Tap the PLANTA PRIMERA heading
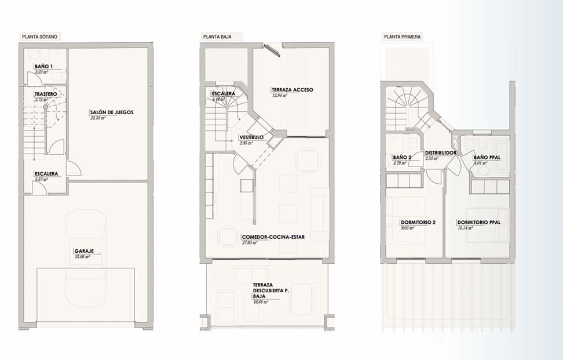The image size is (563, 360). (x=403, y=37)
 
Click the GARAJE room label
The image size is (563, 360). (x=84, y=251)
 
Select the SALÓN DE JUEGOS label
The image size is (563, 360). (x=112, y=112)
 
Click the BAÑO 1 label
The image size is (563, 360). (x=43, y=67)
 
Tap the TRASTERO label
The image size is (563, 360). (x=45, y=94)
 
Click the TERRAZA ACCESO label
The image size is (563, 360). (x=292, y=90)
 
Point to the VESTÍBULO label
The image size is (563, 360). (x=252, y=137)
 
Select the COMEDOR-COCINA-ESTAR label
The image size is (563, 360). (x=276, y=237)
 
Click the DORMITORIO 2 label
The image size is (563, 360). (x=418, y=223)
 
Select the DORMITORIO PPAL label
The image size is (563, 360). (x=478, y=223)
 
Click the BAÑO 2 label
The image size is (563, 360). (x=402, y=157)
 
